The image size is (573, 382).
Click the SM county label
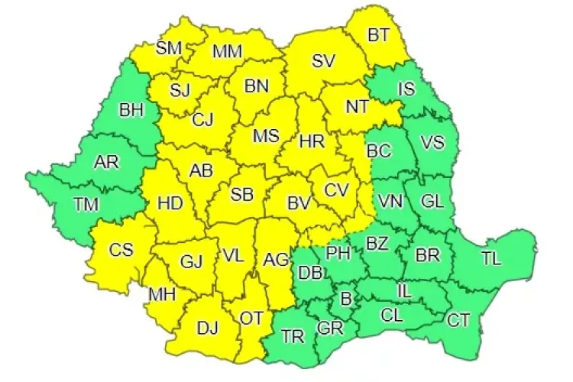pos(168,48)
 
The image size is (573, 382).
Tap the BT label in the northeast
pos(378,35)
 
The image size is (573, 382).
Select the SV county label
pos(324,61)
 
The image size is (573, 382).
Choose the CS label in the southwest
pos(121,250)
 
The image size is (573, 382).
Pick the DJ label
pos(207,329)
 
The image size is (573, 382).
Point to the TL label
pos(491,258)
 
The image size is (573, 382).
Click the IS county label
pos(406,89)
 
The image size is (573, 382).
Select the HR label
pos(312,142)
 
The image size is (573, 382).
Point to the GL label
pos(432,202)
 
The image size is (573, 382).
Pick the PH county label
pos(338,252)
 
